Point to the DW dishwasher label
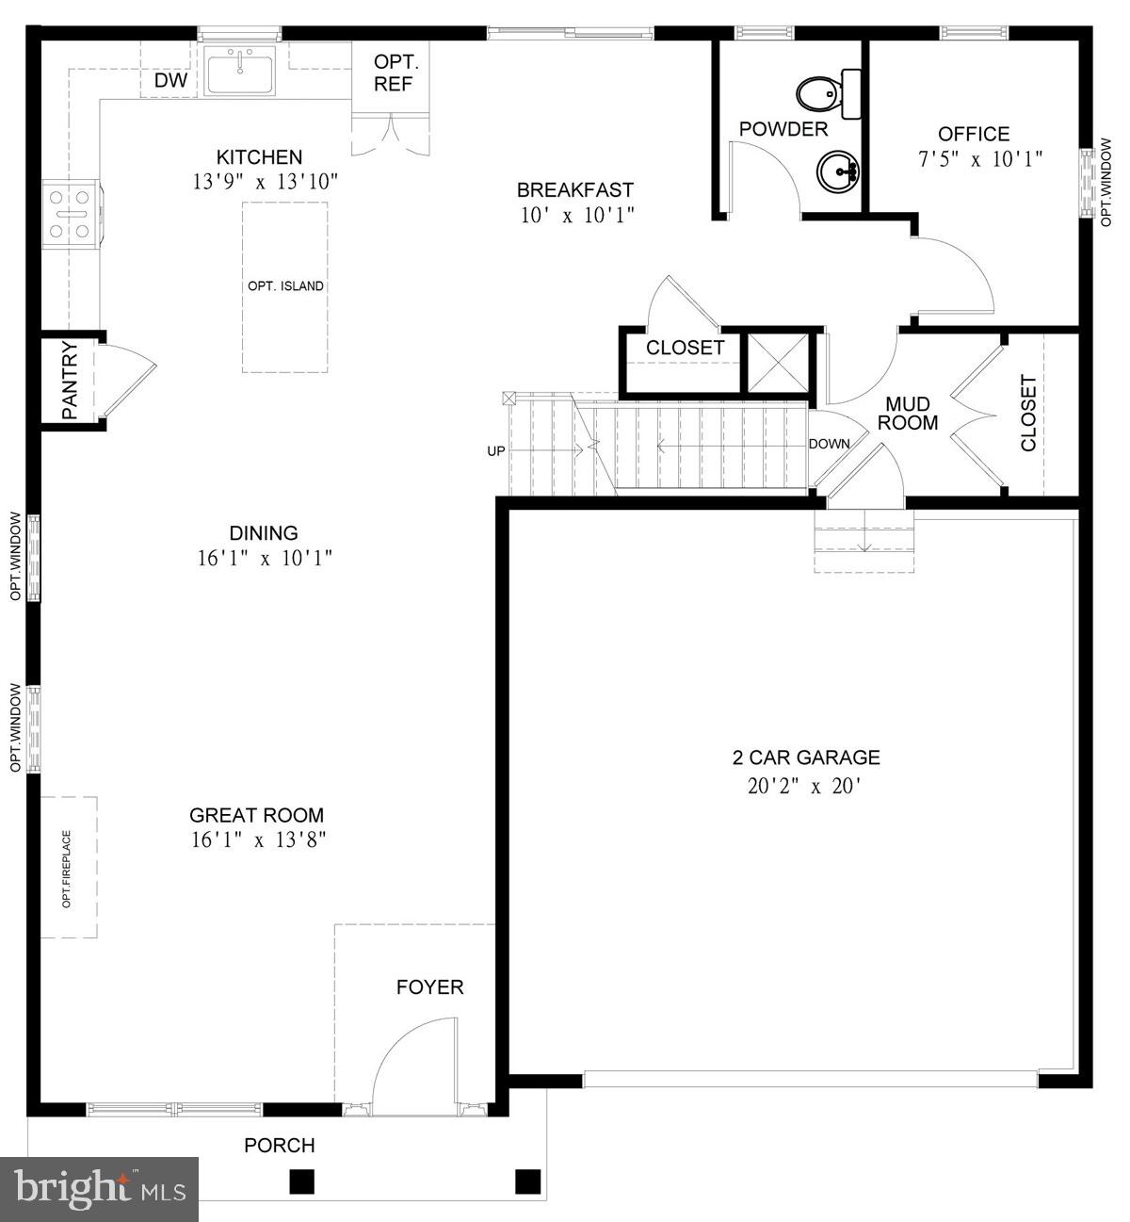(170, 80)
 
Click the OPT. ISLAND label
(284, 286)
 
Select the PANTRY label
(70, 381)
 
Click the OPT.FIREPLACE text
(67, 868)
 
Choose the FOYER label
(429, 987)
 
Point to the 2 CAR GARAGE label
(806, 758)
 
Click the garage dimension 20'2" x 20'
(802, 787)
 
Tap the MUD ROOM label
(908, 414)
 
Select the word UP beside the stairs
(496, 451)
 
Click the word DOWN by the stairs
(829, 444)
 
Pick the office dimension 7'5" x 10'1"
(980, 159)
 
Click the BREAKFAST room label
(575, 189)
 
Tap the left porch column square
(301, 1181)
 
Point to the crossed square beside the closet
(778, 363)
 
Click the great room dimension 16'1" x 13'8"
(258, 839)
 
